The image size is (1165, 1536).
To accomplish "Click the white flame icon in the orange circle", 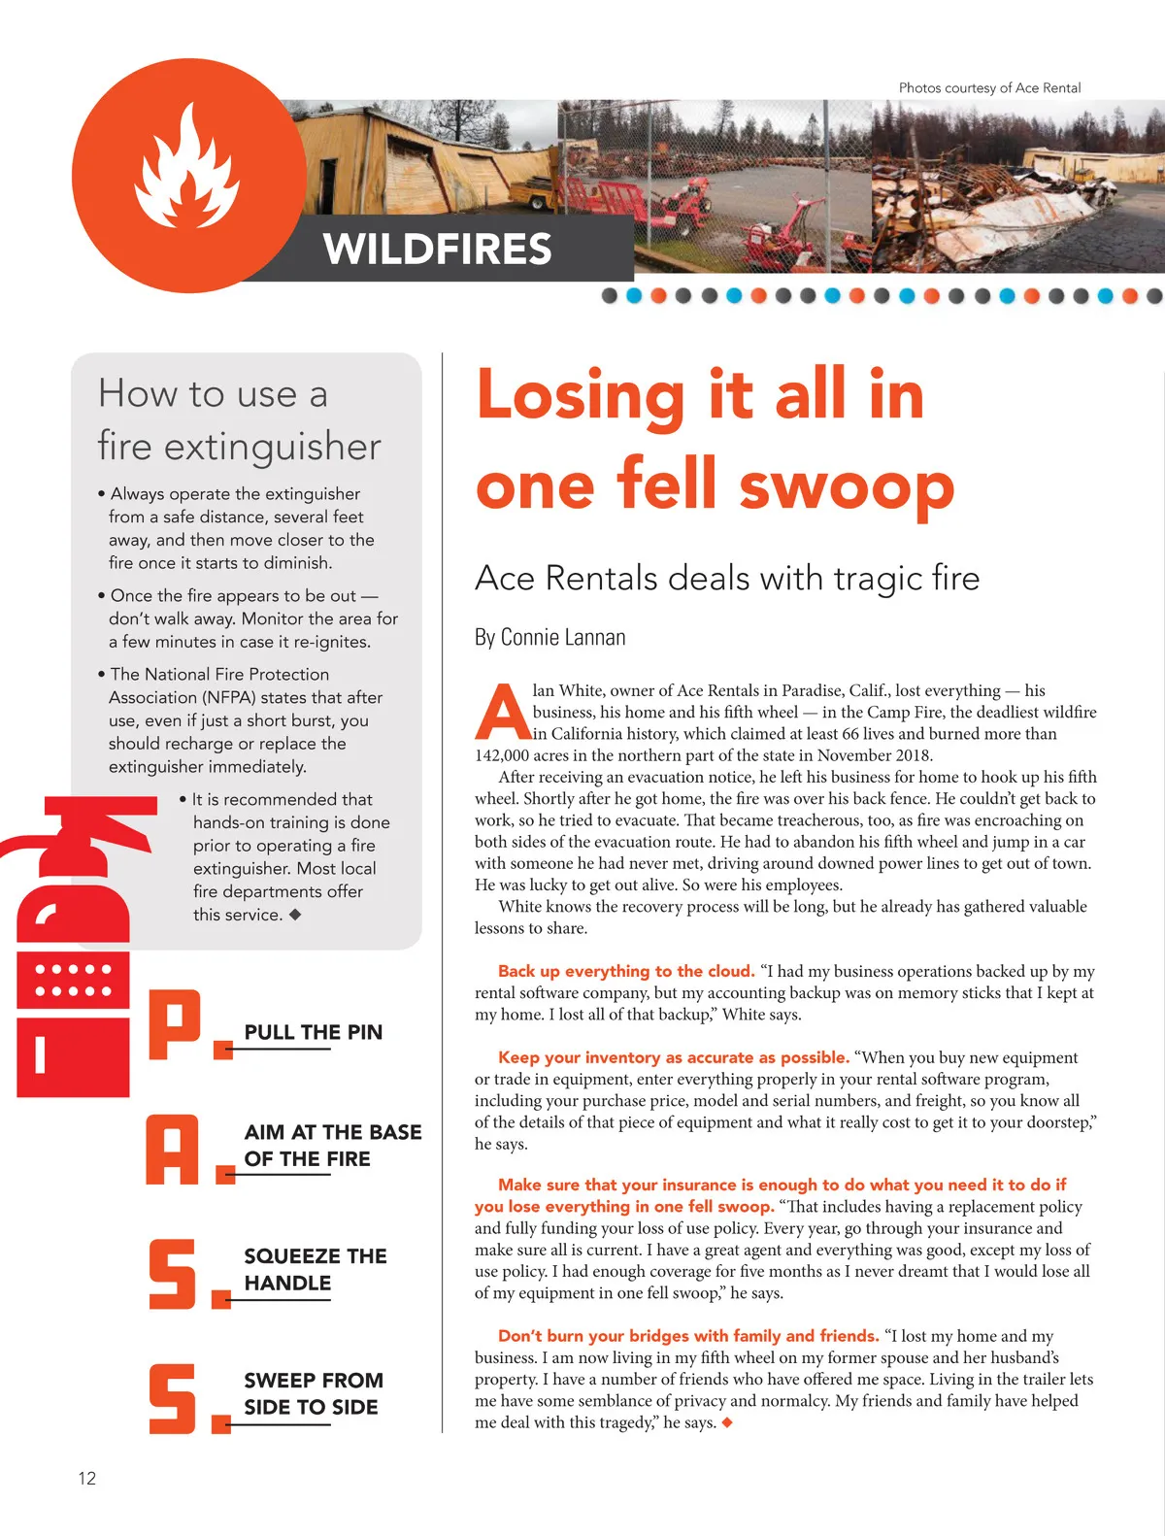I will coord(187,166).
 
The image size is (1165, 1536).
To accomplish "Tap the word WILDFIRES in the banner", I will coord(437,249).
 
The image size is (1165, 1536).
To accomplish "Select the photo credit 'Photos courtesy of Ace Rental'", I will coord(989,87).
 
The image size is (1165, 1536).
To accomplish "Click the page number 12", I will coord(86,1478).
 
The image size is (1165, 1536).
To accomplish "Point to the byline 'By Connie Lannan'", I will coord(549,637).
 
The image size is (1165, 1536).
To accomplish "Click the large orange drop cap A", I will coord(502,712).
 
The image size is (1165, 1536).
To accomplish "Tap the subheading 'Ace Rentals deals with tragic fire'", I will coord(726,578).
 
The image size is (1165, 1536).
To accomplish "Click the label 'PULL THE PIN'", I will coord(313,1032).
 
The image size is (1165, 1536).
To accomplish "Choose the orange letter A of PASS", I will coord(173,1150).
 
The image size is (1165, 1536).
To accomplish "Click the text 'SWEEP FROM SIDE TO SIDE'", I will coord(313,1393).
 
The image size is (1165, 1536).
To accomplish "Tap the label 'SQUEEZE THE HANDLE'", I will coord(315,1269).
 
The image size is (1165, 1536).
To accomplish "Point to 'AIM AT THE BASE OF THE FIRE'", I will coord(332,1145).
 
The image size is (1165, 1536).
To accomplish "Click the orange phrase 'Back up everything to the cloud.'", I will coord(626,971).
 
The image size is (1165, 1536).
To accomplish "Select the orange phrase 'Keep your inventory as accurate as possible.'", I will coord(674,1057).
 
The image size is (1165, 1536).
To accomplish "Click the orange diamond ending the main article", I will coord(727,1422).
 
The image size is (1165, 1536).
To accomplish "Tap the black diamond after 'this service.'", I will coord(295,914).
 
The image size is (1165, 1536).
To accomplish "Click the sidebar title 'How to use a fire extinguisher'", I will coord(239,419).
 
